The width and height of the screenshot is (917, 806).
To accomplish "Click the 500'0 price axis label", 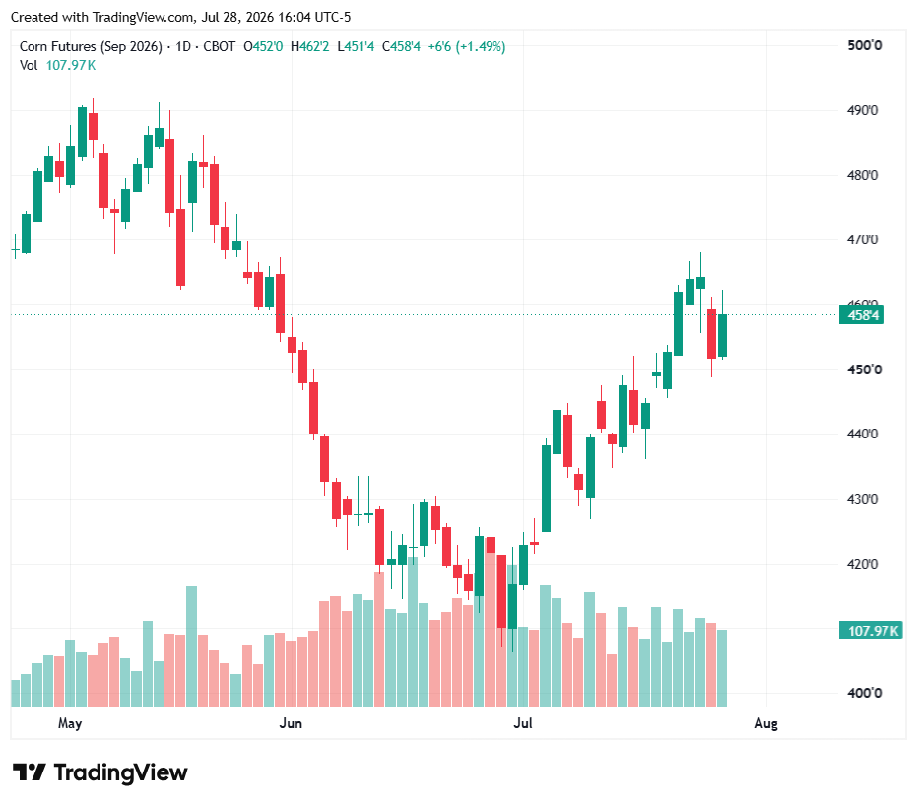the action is (865, 45).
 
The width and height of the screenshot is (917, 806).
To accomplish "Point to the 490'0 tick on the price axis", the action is (862, 110).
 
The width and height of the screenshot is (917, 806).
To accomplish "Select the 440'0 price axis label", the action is (862, 434).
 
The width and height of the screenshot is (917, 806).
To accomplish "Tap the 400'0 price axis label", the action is (865, 693).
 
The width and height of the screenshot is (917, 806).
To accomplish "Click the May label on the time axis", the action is (70, 723).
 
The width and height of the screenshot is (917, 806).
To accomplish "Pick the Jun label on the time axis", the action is (291, 723).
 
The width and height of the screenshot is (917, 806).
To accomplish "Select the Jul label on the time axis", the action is (523, 723).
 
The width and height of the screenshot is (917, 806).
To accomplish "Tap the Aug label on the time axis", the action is (766, 724).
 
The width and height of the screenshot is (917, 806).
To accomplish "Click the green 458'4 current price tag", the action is (862, 316).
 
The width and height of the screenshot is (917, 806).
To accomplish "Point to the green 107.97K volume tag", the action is (871, 631).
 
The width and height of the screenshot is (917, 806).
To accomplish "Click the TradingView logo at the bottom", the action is (100, 772).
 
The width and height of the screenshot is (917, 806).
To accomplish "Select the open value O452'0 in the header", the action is (263, 46).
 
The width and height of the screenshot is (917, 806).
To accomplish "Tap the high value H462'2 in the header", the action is (310, 46).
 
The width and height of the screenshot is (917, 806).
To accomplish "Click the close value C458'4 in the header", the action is (401, 46).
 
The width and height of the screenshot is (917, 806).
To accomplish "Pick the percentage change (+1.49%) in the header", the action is (481, 46).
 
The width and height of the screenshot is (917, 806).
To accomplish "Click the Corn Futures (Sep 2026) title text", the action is (91, 46).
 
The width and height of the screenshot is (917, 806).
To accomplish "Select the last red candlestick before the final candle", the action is (712, 334).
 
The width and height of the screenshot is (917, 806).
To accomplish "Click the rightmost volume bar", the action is (722, 669).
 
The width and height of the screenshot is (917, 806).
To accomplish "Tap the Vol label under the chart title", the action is (29, 65).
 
